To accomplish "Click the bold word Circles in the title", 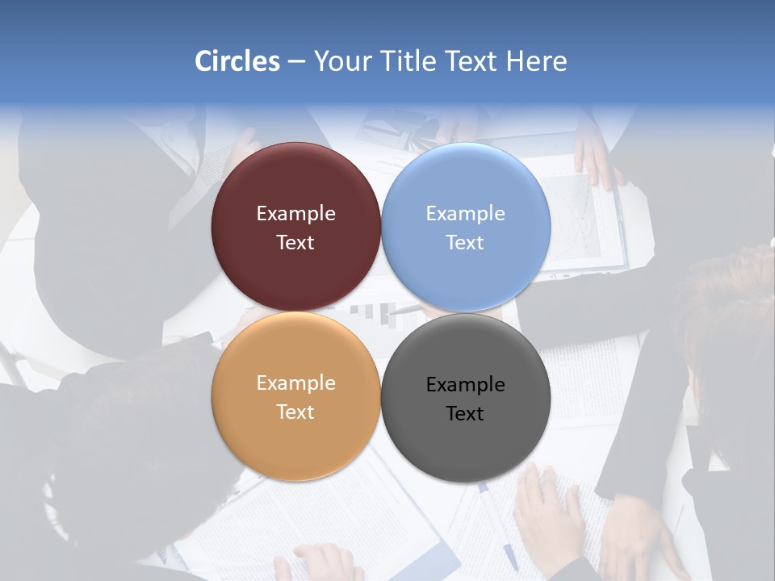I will point(237,61).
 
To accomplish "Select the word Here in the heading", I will point(536,61).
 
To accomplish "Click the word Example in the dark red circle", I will point(295,214).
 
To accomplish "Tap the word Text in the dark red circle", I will point(295,243).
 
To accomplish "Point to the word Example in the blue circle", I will point(465,214).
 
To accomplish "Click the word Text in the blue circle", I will point(465,243).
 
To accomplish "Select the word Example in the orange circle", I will point(295,383).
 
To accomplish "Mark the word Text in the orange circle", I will point(295,412).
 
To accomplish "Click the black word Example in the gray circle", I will point(465,385).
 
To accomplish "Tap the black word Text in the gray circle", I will point(465,414).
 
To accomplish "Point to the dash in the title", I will point(296,61).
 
